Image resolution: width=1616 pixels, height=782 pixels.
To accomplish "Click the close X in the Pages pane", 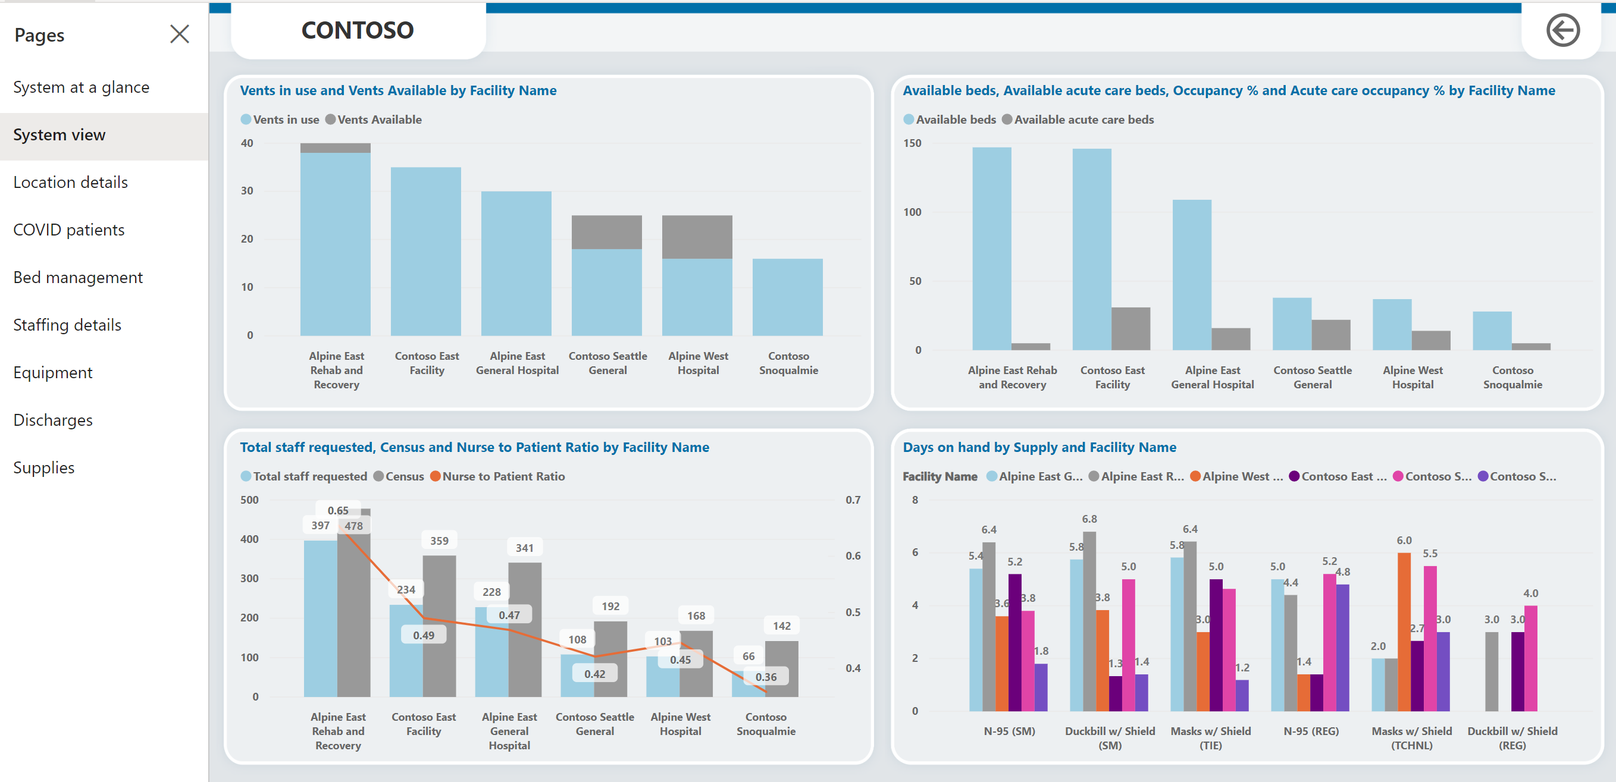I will (x=180, y=34).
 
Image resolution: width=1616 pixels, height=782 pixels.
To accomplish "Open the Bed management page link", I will (x=78, y=277).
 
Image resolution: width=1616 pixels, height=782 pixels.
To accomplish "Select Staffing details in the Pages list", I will (x=67, y=325).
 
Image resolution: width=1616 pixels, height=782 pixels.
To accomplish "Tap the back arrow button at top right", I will (x=1562, y=30).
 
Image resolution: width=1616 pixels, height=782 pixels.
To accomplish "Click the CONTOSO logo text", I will (x=357, y=30).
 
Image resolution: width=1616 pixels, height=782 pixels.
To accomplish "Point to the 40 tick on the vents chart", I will (x=247, y=143).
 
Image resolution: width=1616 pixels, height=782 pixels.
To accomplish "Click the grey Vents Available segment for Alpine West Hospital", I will (x=697, y=237).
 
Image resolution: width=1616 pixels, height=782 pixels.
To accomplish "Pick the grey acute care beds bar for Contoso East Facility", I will (x=1130, y=328).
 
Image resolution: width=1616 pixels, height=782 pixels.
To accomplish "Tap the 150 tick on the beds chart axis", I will (x=912, y=143).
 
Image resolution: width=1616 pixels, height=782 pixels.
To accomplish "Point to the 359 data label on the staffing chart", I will (x=439, y=541).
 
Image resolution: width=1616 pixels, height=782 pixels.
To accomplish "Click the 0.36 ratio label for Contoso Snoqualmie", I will (x=765, y=677).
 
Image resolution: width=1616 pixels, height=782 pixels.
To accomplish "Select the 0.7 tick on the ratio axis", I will (x=853, y=500).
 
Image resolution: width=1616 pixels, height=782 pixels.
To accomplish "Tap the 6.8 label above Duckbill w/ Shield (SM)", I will (x=1089, y=519).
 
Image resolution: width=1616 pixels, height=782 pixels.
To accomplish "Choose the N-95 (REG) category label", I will (x=1311, y=731).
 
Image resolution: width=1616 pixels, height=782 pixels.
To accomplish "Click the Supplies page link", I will (x=44, y=467).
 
